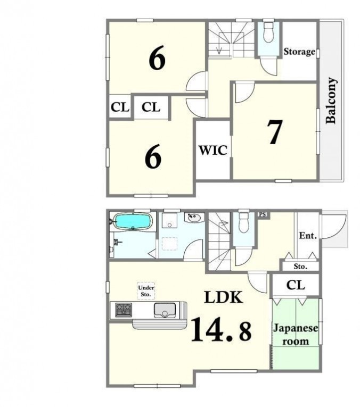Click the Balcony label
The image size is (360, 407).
pyautogui.click(x=332, y=101)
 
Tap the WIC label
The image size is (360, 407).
pyautogui.click(x=213, y=150)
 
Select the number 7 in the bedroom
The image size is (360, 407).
pyautogui.click(x=275, y=132)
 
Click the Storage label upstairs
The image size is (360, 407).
pyautogui.click(x=299, y=52)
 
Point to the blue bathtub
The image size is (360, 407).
pyautogui.click(x=133, y=221)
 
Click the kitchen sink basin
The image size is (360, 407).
pyautogui.click(x=165, y=310)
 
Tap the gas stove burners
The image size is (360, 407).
pyautogui.click(x=124, y=310)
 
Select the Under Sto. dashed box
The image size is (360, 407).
pyautogui.click(x=146, y=291)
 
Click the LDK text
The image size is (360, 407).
pyautogui.click(x=224, y=297)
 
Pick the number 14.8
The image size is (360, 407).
pyautogui.click(x=221, y=329)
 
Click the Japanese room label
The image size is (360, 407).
pyautogui.click(x=296, y=335)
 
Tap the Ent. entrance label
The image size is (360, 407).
pyautogui.click(x=308, y=236)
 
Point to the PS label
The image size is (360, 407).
pyautogui.click(x=263, y=214)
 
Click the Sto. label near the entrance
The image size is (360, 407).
pyautogui.click(x=300, y=267)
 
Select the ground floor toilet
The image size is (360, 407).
pyautogui.click(x=243, y=222)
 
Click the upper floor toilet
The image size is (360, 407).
pyautogui.click(x=268, y=32)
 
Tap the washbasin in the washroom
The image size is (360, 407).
pyautogui.click(x=194, y=217)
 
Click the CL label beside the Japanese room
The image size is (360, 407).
pyautogui.click(x=296, y=285)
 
